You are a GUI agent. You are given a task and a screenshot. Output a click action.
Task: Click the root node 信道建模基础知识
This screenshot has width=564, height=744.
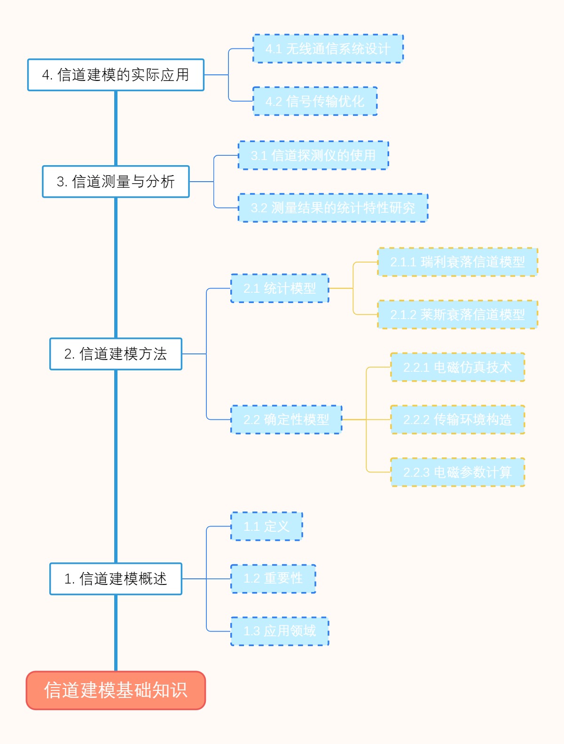pos(116,690)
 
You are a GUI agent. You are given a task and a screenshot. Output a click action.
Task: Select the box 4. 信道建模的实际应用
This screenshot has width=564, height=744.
pos(116,75)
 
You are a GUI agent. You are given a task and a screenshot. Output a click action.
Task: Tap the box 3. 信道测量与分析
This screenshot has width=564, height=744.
pos(116,182)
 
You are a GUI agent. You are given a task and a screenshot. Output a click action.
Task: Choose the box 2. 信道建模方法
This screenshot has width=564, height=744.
pos(116,354)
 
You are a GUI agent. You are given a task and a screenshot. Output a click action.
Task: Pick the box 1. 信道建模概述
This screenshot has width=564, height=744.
pos(116,579)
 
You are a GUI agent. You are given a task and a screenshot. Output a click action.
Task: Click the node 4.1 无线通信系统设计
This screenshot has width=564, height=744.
pos(328,48)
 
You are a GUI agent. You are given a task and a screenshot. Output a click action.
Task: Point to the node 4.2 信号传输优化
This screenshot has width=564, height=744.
pos(315,101)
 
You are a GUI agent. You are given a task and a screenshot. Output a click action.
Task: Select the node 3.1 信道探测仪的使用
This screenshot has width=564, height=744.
pos(313,155)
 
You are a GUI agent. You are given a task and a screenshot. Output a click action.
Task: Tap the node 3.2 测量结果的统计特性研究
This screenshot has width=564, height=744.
pos(333,208)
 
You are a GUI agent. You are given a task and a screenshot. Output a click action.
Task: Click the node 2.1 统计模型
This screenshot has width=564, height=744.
pos(280,288)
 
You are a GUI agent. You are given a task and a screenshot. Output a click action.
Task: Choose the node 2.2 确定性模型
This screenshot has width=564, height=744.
pos(286,419)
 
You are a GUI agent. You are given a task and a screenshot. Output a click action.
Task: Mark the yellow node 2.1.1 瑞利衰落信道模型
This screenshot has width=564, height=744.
pos(457,262)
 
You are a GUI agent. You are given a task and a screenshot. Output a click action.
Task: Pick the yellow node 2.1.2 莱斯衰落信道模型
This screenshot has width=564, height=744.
pos(457,314)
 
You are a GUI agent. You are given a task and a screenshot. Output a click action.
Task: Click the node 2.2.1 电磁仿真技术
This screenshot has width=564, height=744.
pos(457,367)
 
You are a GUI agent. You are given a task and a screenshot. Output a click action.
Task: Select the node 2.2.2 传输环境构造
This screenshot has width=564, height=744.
pos(457,419)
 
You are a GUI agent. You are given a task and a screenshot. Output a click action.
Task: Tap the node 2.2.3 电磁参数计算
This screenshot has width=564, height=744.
pos(457,472)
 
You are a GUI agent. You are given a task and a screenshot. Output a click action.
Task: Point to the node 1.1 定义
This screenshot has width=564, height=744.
pos(266,526)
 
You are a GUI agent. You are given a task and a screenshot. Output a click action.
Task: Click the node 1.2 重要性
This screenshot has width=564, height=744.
pos(273,578)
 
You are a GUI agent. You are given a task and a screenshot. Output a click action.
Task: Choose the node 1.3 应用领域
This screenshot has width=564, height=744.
pos(280,631)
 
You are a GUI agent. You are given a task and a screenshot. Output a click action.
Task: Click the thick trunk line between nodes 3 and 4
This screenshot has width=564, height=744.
pos(116,128)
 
